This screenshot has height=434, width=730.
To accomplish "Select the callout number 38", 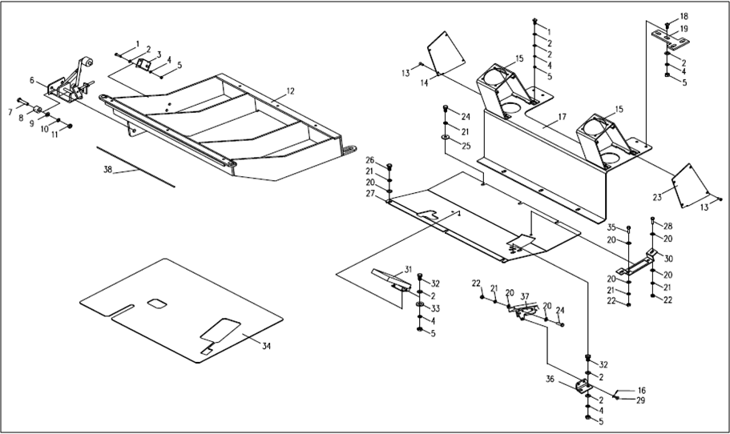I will (108, 170).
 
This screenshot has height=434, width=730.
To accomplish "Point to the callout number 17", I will (562, 117).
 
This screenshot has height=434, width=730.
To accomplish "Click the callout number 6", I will (32, 80).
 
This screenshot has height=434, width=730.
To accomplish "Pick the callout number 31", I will (407, 269).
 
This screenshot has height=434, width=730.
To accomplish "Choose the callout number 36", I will (551, 379).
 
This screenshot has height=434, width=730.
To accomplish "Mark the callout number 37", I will (526, 296).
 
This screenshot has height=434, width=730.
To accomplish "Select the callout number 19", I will (684, 29).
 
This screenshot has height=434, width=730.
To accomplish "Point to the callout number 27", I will (370, 194).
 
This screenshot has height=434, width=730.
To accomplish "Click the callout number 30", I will (669, 258).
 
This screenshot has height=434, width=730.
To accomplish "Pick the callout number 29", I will (640, 400).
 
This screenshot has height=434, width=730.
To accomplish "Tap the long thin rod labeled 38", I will (136, 166).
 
